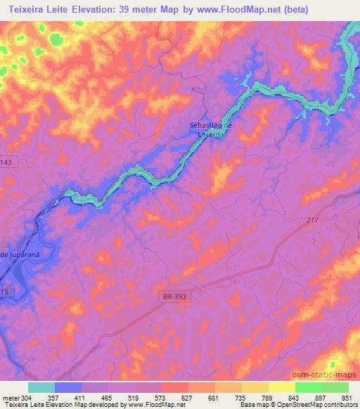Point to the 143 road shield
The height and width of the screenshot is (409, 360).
pyautogui.click(x=7, y=162)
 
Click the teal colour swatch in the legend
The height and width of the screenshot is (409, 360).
pyautogui.click(x=41, y=387)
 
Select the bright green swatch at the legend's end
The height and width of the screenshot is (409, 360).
pyautogui.click(x=335, y=387)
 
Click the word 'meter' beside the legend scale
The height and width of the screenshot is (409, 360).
pyautogui.click(x=11, y=398)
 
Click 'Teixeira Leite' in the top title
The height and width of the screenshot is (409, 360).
pyautogui.click(x=36, y=9)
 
